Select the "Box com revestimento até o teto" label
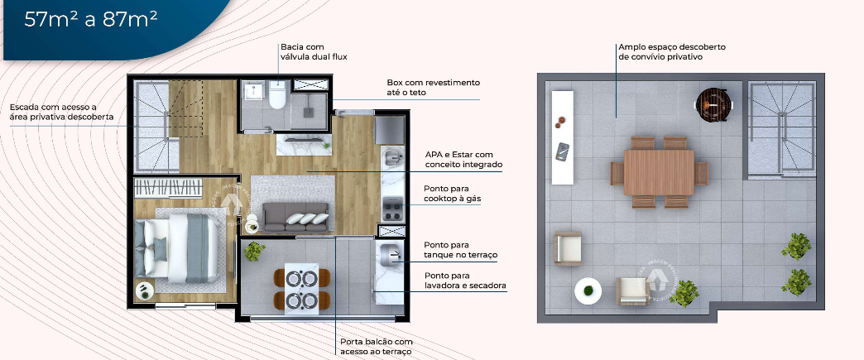point(433,88)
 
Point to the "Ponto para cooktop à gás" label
point(452,194)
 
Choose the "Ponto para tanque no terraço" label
point(460,250)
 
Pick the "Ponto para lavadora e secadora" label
point(465,281)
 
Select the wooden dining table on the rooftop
point(659,171)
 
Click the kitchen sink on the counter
point(391,156)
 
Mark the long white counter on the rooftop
point(563,137)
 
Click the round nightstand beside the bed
point(144,290)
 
